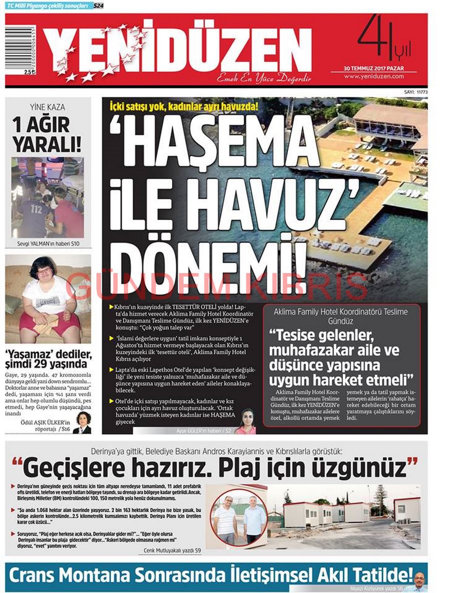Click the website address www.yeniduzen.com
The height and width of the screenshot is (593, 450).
coord(374,76)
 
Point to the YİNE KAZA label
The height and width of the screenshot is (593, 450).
coord(47,107)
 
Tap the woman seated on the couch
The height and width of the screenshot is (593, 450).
coord(47,299)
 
